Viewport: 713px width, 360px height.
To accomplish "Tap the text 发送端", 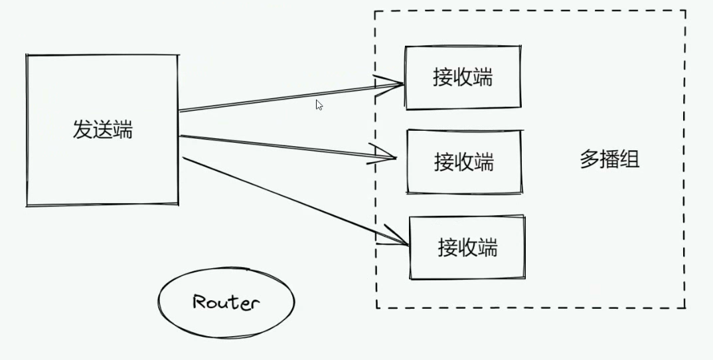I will [x=103, y=130].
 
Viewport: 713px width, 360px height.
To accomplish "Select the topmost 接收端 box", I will [x=463, y=93].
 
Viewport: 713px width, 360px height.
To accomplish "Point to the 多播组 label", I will [x=609, y=160].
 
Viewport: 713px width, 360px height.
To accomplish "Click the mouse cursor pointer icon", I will [x=319, y=105].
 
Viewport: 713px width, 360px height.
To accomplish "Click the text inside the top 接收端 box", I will [x=463, y=77].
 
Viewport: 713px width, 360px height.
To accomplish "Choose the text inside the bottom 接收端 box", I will [x=467, y=247].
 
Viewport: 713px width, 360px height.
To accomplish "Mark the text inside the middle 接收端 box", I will [x=464, y=161].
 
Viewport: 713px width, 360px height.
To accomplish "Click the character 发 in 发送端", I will [x=83, y=130].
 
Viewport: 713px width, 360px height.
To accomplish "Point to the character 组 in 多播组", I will [x=629, y=160].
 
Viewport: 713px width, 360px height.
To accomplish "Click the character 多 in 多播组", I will [x=590, y=160].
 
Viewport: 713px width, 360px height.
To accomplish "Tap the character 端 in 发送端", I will [x=123, y=130].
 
